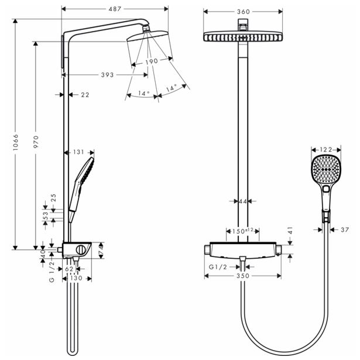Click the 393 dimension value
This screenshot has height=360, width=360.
click(x=107, y=74)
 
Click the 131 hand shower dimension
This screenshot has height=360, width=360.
click(x=80, y=153)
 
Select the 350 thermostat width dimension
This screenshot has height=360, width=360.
click(x=242, y=275)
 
